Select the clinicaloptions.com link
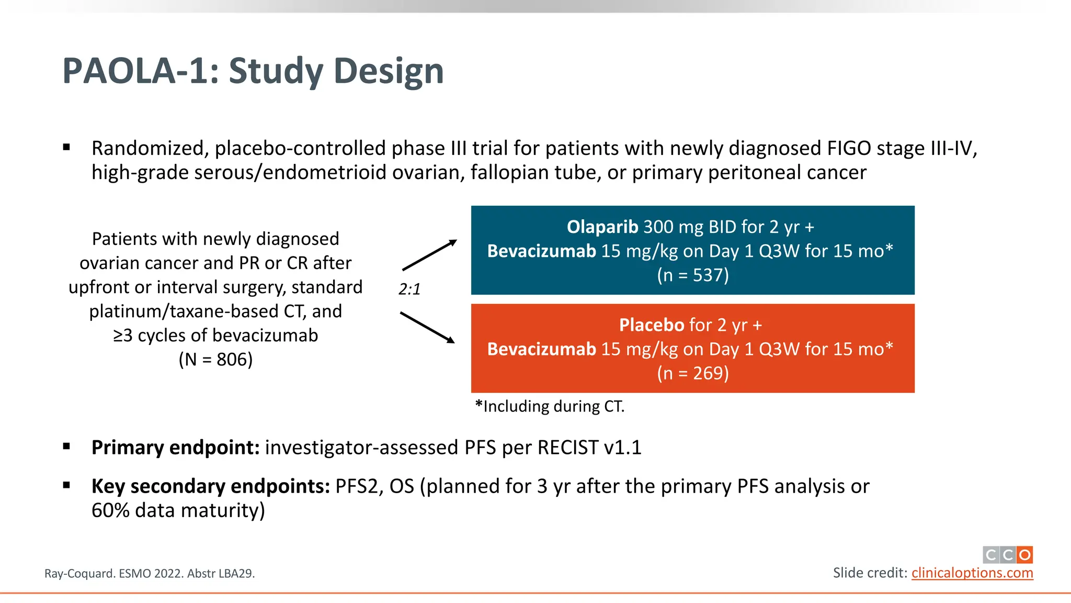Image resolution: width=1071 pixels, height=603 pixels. (972, 573)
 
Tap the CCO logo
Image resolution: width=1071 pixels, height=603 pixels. (1007, 555)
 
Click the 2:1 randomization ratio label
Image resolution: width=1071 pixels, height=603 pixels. (409, 289)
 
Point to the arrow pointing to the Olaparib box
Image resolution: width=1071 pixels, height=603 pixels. (429, 255)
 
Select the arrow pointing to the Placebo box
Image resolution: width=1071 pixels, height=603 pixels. (427, 328)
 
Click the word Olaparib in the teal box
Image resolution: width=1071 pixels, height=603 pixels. (602, 227)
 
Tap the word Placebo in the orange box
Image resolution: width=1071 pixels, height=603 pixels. (651, 325)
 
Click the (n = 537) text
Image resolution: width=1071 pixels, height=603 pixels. (692, 275)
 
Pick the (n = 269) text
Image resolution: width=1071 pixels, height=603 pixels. (692, 373)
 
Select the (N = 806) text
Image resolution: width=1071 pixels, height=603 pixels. (215, 360)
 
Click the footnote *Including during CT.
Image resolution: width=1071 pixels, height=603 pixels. (550, 407)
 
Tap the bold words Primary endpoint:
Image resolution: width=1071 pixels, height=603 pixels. (175, 448)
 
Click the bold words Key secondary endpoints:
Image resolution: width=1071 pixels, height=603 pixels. (210, 487)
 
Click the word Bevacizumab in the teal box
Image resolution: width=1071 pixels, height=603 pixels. (541, 251)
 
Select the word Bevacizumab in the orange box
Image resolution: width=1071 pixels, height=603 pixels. (541, 349)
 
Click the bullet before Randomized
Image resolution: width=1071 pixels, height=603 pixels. (66, 148)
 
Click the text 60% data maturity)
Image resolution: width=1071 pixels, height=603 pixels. (178, 511)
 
